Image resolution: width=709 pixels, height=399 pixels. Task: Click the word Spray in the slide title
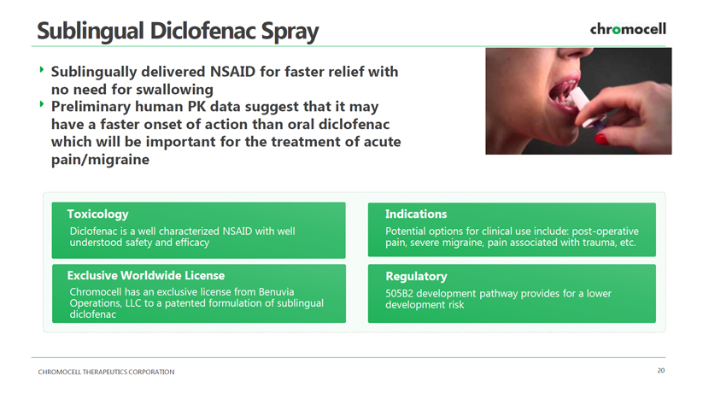click(290, 32)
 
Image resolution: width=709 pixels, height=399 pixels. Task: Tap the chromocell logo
click(628, 29)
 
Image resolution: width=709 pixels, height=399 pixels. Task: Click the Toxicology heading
click(97, 214)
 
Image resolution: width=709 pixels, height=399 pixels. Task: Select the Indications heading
click(416, 214)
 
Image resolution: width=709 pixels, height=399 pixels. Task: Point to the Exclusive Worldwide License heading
click(146, 275)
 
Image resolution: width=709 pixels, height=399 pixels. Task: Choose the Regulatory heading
click(417, 277)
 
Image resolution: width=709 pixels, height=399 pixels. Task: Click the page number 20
click(661, 371)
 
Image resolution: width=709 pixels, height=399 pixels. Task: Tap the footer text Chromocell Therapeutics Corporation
click(106, 372)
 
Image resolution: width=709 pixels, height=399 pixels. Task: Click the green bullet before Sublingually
click(42, 70)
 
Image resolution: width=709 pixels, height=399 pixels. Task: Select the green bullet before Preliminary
click(42, 104)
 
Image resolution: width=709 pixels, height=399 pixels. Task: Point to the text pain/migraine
click(100, 160)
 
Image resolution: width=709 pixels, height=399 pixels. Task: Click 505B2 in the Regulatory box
click(399, 294)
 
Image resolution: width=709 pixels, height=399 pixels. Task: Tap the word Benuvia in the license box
click(276, 292)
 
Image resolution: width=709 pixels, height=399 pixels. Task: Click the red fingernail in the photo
click(601, 138)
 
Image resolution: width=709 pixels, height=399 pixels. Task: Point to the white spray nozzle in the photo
click(580, 101)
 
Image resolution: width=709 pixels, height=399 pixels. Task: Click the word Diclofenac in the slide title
click(203, 32)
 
